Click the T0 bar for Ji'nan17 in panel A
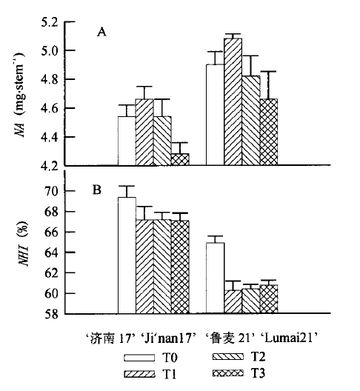127,141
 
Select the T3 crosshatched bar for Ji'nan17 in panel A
180,159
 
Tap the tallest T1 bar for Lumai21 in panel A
233,101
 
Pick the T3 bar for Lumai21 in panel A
268,132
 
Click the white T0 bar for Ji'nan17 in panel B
127,255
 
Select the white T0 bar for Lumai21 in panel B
215,278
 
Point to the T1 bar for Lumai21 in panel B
233,301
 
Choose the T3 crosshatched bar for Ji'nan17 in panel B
180,267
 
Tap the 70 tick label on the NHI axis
51,192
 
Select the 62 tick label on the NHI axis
51,273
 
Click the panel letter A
101,32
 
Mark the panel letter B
97,190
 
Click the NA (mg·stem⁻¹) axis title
20,95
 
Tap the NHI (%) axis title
24,244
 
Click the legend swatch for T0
139,358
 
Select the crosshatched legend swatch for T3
227,373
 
